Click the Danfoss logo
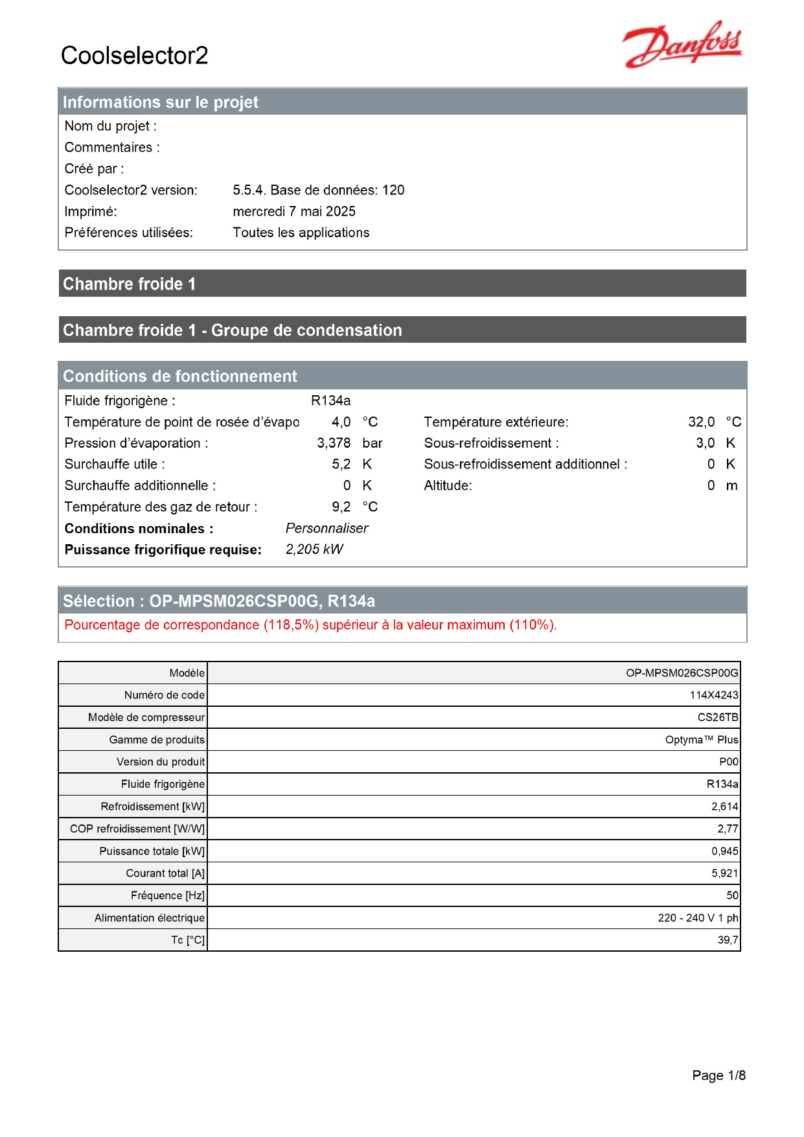(x=682, y=44)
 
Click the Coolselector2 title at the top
(x=134, y=56)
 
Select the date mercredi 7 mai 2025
(x=294, y=211)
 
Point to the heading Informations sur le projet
(x=160, y=102)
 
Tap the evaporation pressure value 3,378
(x=334, y=443)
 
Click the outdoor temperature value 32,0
(x=701, y=422)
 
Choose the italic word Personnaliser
(x=327, y=528)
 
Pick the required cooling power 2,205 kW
(x=314, y=549)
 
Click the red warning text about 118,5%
(x=310, y=625)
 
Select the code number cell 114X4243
(x=713, y=695)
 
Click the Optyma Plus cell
(x=701, y=740)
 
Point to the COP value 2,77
(x=728, y=829)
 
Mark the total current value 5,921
(x=724, y=873)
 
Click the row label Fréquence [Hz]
(x=167, y=895)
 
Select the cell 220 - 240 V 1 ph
(x=698, y=918)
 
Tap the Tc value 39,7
(x=728, y=940)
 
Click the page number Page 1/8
(x=718, y=1075)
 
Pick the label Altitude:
(x=448, y=485)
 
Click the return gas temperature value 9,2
(x=341, y=507)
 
